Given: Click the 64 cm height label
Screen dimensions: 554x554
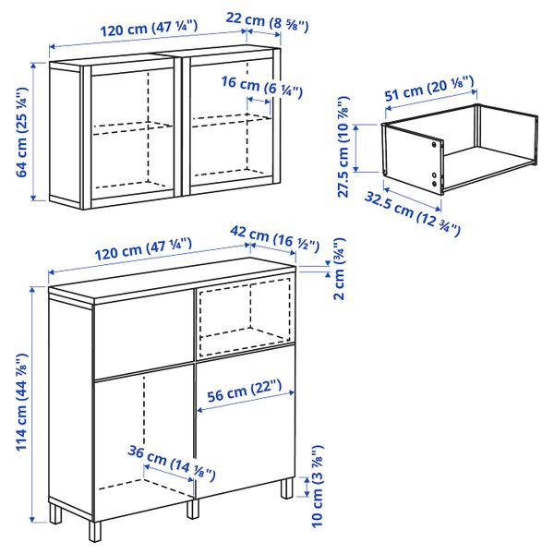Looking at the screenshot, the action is click(22, 132).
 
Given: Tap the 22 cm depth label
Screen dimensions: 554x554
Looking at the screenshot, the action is click(267, 21).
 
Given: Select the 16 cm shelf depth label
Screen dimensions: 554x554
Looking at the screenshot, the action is click(262, 87).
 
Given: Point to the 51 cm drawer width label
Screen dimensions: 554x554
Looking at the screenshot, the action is click(429, 88).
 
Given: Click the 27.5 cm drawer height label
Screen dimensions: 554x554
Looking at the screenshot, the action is click(343, 147).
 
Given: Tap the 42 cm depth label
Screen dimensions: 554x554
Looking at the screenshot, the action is click(274, 238).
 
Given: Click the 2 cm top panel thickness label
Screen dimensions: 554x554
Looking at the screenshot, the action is click(339, 270).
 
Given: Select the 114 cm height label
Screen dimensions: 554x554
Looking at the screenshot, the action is click(22, 402).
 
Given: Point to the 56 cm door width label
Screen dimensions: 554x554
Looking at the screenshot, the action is click(245, 391).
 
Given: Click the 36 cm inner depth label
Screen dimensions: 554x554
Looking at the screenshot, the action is click(172, 463).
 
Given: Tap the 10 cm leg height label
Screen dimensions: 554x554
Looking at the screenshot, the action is click(318, 487).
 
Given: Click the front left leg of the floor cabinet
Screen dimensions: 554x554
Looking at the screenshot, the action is click(95, 531).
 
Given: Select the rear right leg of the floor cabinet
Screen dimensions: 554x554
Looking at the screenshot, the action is click(287, 488).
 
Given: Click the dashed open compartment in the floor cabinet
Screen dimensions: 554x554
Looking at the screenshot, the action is click(245, 318).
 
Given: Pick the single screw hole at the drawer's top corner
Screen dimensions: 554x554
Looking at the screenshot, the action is click(434, 144).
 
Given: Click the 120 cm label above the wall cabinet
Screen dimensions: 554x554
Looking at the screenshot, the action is click(149, 29).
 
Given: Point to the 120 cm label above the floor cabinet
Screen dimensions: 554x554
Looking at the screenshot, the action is click(143, 249).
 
